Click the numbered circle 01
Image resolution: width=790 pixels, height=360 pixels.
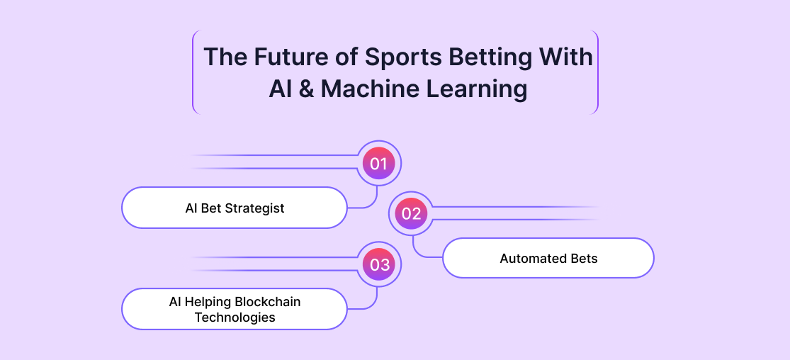[x=378, y=164]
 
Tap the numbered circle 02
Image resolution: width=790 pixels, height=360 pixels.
[x=411, y=214]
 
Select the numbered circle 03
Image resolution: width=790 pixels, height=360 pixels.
[x=378, y=265]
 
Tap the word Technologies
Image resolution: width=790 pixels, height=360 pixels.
[x=235, y=317]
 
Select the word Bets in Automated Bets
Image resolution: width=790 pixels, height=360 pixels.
[x=584, y=259]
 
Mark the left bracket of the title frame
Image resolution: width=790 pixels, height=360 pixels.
[x=193, y=72]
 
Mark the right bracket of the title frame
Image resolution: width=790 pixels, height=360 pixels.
[x=597, y=72]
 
